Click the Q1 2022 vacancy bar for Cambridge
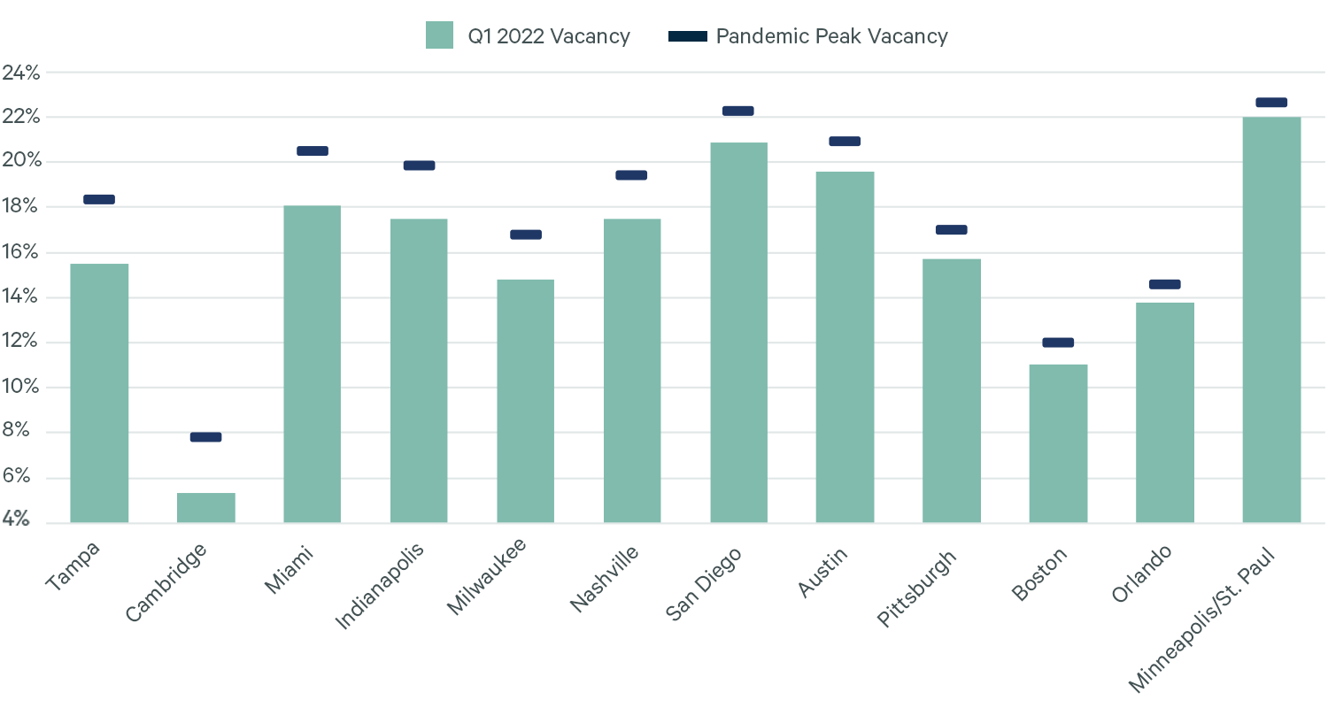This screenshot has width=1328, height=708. pos(206,507)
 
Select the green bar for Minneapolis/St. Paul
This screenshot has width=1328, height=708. pos(1271,319)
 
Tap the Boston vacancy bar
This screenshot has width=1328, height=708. pos(1058,442)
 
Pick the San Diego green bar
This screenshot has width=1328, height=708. pos(738,332)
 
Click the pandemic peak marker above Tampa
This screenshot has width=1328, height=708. pos(99,199)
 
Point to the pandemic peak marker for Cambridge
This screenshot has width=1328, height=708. pos(205,437)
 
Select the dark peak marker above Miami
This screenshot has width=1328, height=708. pos(313,150)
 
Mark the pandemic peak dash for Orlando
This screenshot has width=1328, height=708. pos(1164,284)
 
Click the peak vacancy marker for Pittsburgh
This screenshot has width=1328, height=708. pos(952,230)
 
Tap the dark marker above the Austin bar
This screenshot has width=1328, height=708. pos(845,142)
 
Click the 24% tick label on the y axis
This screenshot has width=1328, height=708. pos(21,73)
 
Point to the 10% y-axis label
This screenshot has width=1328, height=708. pos(21,388)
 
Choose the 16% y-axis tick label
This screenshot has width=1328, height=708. pos(21,252)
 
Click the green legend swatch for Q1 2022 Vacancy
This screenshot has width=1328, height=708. pos(439,35)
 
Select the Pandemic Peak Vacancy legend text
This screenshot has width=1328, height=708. pos(831,36)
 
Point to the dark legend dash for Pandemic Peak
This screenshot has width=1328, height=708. pos(688,36)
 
